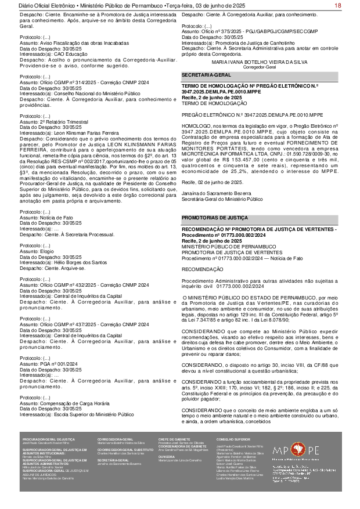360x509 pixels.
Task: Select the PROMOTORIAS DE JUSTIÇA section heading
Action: point(210,201)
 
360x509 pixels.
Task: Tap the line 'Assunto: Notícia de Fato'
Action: point(45,216)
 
